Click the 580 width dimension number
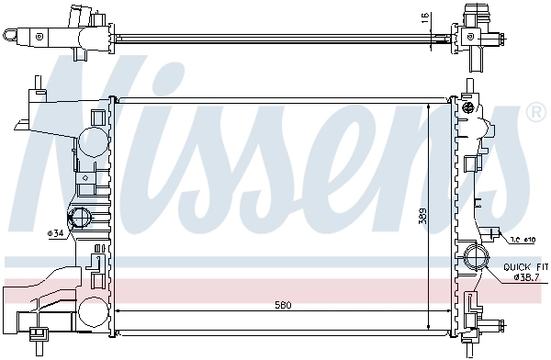[273, 305]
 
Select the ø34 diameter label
[56, 232]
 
